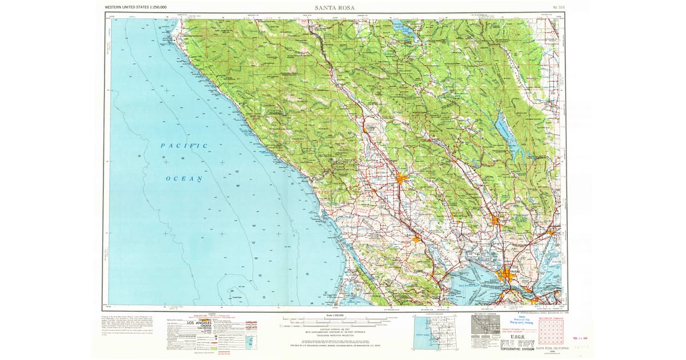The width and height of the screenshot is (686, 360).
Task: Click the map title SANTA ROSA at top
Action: (x=334, y=7)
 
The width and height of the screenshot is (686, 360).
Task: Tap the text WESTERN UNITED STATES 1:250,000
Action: (x=135, y=7)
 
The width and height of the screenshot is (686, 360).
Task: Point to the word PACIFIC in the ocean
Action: (x=184, y=146)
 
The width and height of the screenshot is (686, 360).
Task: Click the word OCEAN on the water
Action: (x=184, y=179)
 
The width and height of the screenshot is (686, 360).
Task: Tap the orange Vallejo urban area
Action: (x=507, y=275)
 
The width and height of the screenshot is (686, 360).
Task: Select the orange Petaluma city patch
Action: (x=416, y=238)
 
